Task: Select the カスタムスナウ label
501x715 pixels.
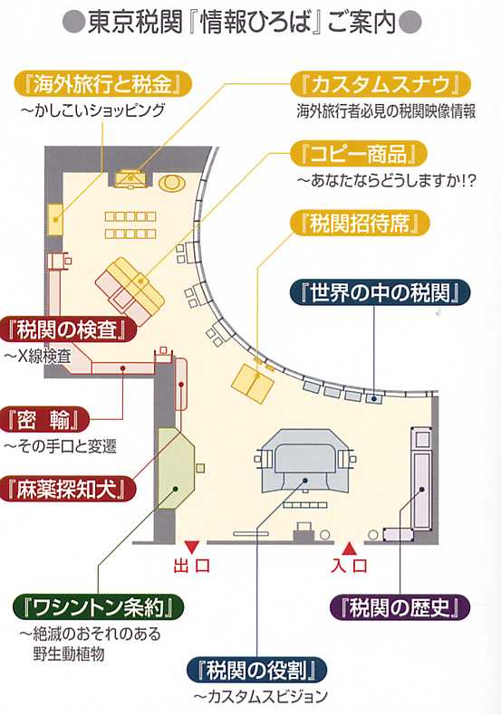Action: coord(381,84)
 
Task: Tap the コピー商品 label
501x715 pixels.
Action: coord(359,154)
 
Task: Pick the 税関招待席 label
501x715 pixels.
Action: coord(360,224)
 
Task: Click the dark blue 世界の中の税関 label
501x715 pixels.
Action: coord(381,292)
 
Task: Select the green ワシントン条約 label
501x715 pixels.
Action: coord(98,607)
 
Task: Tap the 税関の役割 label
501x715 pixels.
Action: coord(257,670)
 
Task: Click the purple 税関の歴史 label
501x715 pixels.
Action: coord(400,607)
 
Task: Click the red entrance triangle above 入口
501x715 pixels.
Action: coord(349,548)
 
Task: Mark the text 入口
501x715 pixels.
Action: coord(349,566)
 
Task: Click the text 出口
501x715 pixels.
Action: coord(192,566)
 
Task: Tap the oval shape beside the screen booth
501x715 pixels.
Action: coord(172,184)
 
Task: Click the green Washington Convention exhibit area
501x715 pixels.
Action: coord(176,468)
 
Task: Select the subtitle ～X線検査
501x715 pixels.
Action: coord(38,356)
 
